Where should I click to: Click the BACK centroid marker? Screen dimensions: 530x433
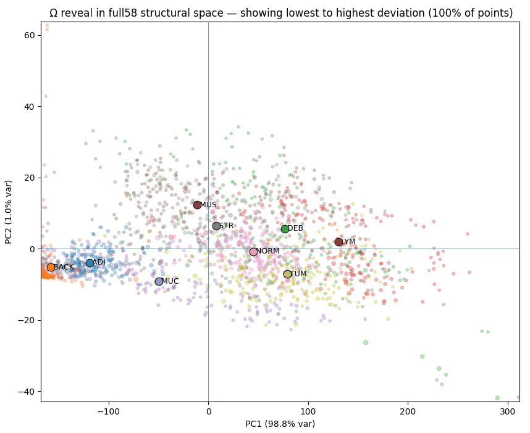click(x=51, y=267)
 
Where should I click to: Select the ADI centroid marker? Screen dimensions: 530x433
click(x=90, y=263)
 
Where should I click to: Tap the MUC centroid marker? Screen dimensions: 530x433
click(x=159, y=281)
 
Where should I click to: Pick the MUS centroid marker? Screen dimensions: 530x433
click(x=197, y=205)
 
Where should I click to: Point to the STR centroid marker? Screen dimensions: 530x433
click(x=216, y=226)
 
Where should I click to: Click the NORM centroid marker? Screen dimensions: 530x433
click(x=253, y=252)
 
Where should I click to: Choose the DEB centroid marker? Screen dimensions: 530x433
click(x=285, y=229)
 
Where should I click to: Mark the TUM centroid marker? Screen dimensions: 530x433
click(x=287, y=274)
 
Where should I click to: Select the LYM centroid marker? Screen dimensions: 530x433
click(x=339, y=242)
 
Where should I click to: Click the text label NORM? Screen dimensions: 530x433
click(x=268, y=251)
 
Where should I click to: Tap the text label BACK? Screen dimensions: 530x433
click(x=64, y=267)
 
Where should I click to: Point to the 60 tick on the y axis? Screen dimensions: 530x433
click(x=40, y=35)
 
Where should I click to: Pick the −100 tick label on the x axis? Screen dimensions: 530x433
click(x=109, y=412)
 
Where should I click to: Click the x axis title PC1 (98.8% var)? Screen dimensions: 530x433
click(x=280, y=424)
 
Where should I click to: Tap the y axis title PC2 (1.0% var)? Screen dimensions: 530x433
click(x=9, y=212)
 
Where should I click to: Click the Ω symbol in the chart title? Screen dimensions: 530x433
click(x=53, y=13)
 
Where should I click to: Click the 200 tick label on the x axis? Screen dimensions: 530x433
click(x=408, y=412)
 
